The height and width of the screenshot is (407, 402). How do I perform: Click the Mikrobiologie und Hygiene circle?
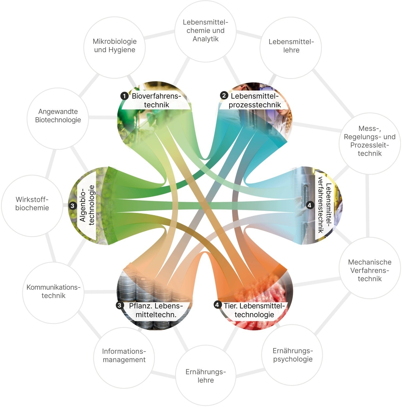[115, 48]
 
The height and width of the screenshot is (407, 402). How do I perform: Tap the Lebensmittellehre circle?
[291, 48]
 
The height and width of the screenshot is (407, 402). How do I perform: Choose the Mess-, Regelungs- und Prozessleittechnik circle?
[370, 144]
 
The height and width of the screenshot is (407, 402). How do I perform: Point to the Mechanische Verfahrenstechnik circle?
[370, 268]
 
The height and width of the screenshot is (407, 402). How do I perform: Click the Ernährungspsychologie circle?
[292, 355]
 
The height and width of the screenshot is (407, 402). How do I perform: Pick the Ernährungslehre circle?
[205, 376]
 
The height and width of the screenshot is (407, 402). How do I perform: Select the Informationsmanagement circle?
[124, 358]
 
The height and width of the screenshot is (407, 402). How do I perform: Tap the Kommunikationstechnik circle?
[53, 293]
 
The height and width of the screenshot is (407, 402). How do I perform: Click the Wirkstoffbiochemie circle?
[32, 206]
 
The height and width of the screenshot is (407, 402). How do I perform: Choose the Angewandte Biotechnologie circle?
[58, 118]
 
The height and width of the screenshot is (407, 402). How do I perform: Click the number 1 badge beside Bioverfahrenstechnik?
[124, 96]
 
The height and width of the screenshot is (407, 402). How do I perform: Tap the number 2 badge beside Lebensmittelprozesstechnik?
[224, 95]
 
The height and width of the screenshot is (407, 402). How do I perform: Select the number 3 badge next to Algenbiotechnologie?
[72, 206]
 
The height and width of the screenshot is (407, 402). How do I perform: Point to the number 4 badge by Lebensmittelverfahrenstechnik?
[310, 205]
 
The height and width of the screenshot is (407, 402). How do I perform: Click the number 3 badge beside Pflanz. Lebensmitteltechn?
[119, 305]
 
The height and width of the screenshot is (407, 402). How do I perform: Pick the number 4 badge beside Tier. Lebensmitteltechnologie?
[217, 305]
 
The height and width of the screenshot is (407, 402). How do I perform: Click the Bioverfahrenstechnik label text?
[157, 100]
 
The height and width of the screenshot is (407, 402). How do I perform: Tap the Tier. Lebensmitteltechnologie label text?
[254, 310]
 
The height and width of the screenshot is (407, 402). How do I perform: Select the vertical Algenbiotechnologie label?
[87, 205]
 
